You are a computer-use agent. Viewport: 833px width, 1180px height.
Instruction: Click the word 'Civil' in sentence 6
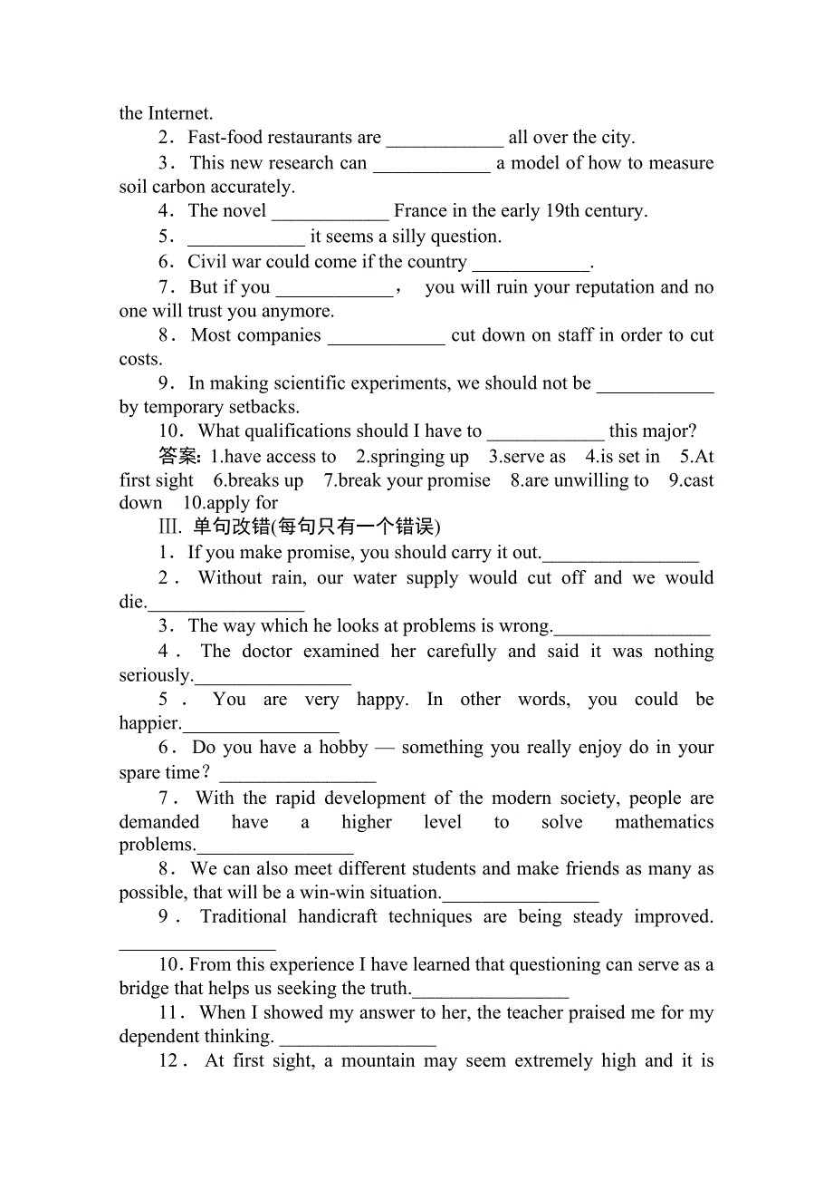[205, 262]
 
